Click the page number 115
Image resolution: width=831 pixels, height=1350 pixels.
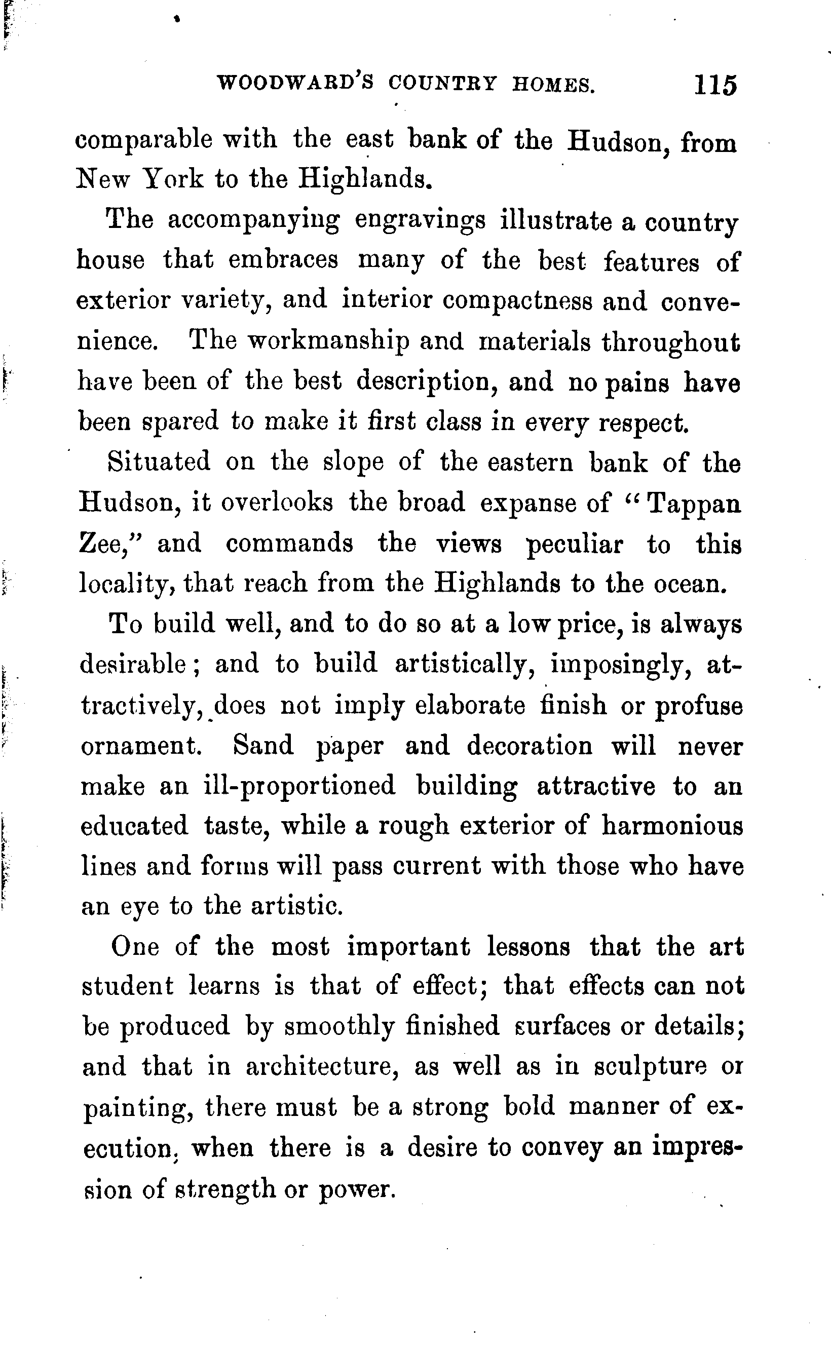(714, 85)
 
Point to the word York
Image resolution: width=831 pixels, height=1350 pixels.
(173, 179)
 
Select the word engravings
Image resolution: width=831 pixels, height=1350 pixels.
(420, 220)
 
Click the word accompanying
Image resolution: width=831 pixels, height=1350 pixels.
(253, 221)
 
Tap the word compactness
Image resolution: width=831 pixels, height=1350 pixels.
(517, 301)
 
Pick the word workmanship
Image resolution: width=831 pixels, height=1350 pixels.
(328, 342)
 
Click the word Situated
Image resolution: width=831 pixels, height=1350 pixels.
(159, 461)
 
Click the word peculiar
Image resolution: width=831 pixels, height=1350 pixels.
(574, 545)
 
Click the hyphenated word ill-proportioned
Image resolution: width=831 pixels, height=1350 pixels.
(299, 786)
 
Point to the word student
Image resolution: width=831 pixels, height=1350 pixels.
(128, 986)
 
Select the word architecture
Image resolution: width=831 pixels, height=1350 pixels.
(321, 1067)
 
